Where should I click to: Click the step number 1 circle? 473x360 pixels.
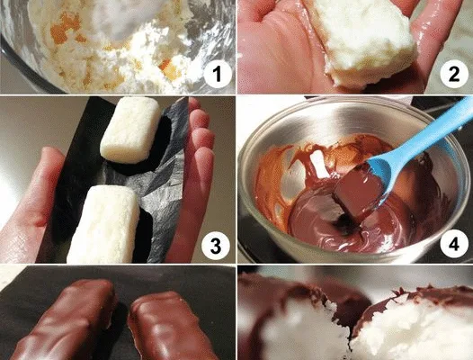[218, 75]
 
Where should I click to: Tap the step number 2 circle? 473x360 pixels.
[454, 75]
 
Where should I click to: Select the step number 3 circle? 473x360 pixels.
[216, 247]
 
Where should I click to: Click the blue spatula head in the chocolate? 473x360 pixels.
[380, 178]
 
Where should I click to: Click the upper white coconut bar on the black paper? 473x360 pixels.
[130, 130]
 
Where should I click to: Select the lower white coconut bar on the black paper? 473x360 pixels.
[103, 225]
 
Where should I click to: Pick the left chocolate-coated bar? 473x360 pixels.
[65, 321]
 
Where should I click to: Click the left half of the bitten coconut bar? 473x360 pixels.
[301, 323]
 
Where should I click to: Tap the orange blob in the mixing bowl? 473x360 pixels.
[65, 28]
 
